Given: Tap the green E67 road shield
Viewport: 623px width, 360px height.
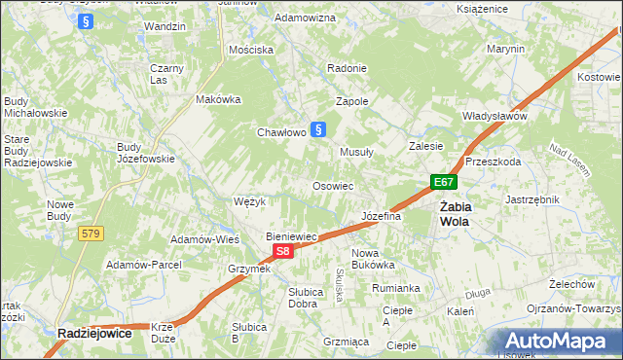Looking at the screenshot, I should click(444, 182).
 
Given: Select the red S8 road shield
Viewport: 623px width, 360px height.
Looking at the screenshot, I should click(281, 251).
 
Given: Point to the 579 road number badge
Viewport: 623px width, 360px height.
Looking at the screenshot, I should click(91, 234).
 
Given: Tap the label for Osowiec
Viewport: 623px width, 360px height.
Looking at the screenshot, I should click(332, 185).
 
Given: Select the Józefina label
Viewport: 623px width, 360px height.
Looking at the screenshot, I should click(381, 216).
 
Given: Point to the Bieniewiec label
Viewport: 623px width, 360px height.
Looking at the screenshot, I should click(293, 236).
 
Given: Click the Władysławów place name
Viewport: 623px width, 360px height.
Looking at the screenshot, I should click(495, 116).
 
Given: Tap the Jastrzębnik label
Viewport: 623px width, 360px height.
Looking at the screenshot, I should click(531, 198).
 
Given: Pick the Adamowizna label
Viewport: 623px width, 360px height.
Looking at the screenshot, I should click(305, 18).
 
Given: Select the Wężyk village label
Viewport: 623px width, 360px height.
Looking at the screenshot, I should click(250, 201).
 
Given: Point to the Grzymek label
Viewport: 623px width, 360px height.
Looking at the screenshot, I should click(248, 268).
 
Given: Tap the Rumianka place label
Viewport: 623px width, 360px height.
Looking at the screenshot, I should click(395, 288).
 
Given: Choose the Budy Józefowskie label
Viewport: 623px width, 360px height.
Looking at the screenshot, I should click(145, 153).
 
